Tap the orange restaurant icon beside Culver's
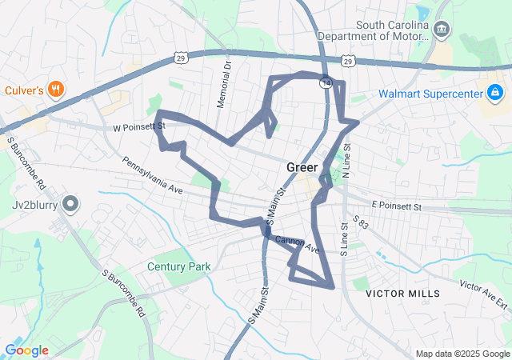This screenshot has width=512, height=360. (x=55, y=89)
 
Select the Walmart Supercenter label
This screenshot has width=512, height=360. (x=429, y=94)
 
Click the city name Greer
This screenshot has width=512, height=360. (x=302, y=167)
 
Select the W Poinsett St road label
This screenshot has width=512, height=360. (x=138, y=126)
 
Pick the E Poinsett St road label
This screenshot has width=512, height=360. (x=394, y=206)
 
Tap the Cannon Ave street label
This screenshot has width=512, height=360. (x=297, y=245)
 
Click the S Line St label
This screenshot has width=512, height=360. (x=343, y=237)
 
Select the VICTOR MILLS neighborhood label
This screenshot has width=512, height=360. (x=402, y=294)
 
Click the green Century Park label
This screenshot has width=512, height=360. (x=178, y=266)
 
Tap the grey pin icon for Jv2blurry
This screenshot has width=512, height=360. (x=71, y=205)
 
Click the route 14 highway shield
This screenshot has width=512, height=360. (x=326, y=82)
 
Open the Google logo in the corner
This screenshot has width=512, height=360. (x=26, y=350)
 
